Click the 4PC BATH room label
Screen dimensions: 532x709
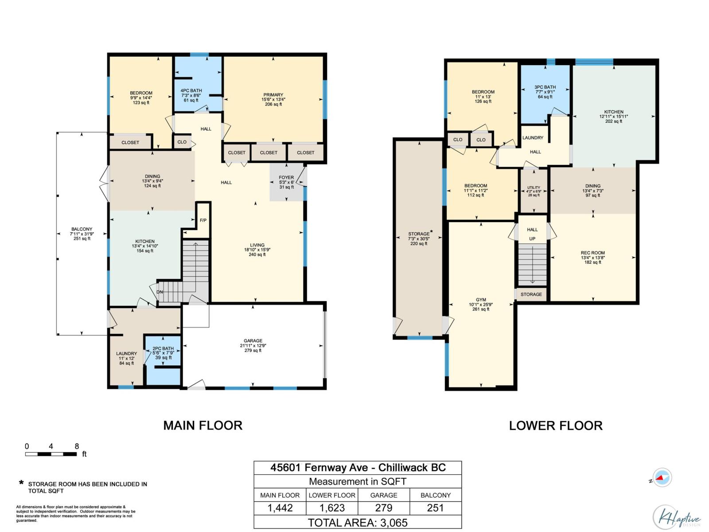pyautogui.click(x=191, y=91)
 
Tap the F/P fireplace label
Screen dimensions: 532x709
pyautogui.click(x=203, y=220)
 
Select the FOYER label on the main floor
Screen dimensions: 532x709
pyautogui.click(x=286, y=177)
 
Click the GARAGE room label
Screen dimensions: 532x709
pyautogui.click(x=253, y=341)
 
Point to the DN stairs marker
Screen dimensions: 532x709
pyautogui.click(x=160, y=292)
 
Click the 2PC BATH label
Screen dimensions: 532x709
pyautogui.click(x=163, y=348)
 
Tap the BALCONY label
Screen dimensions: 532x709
pyautogui.click(x=82, y=229)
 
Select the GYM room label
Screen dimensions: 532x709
pyautogui.click(x=481, y=300)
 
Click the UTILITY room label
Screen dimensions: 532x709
pyautogui.click(x=534, y=188)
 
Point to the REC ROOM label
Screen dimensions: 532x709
pyautogui.click(x=592, y=253)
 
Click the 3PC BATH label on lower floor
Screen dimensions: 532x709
pyautogui.click(x=545, y=87)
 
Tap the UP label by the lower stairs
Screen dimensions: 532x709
pyautogui.click(x=532, y=239)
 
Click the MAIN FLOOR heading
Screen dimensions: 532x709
pyautogui.click(x=203, y=426)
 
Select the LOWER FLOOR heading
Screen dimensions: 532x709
pyautogui.click(x=556, y=426)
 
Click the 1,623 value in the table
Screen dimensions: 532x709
pyautogui.click(x=332, y=508)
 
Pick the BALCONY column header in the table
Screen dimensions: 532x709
pyautogui.click(x=436, y=495)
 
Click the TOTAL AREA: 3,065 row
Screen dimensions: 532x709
pyautogui.click(x=358, y=523)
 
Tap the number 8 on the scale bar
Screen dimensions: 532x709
pyautogui.click(x=77, y=446)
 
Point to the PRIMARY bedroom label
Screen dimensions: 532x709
pyautogui.click(x=273, y=95)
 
